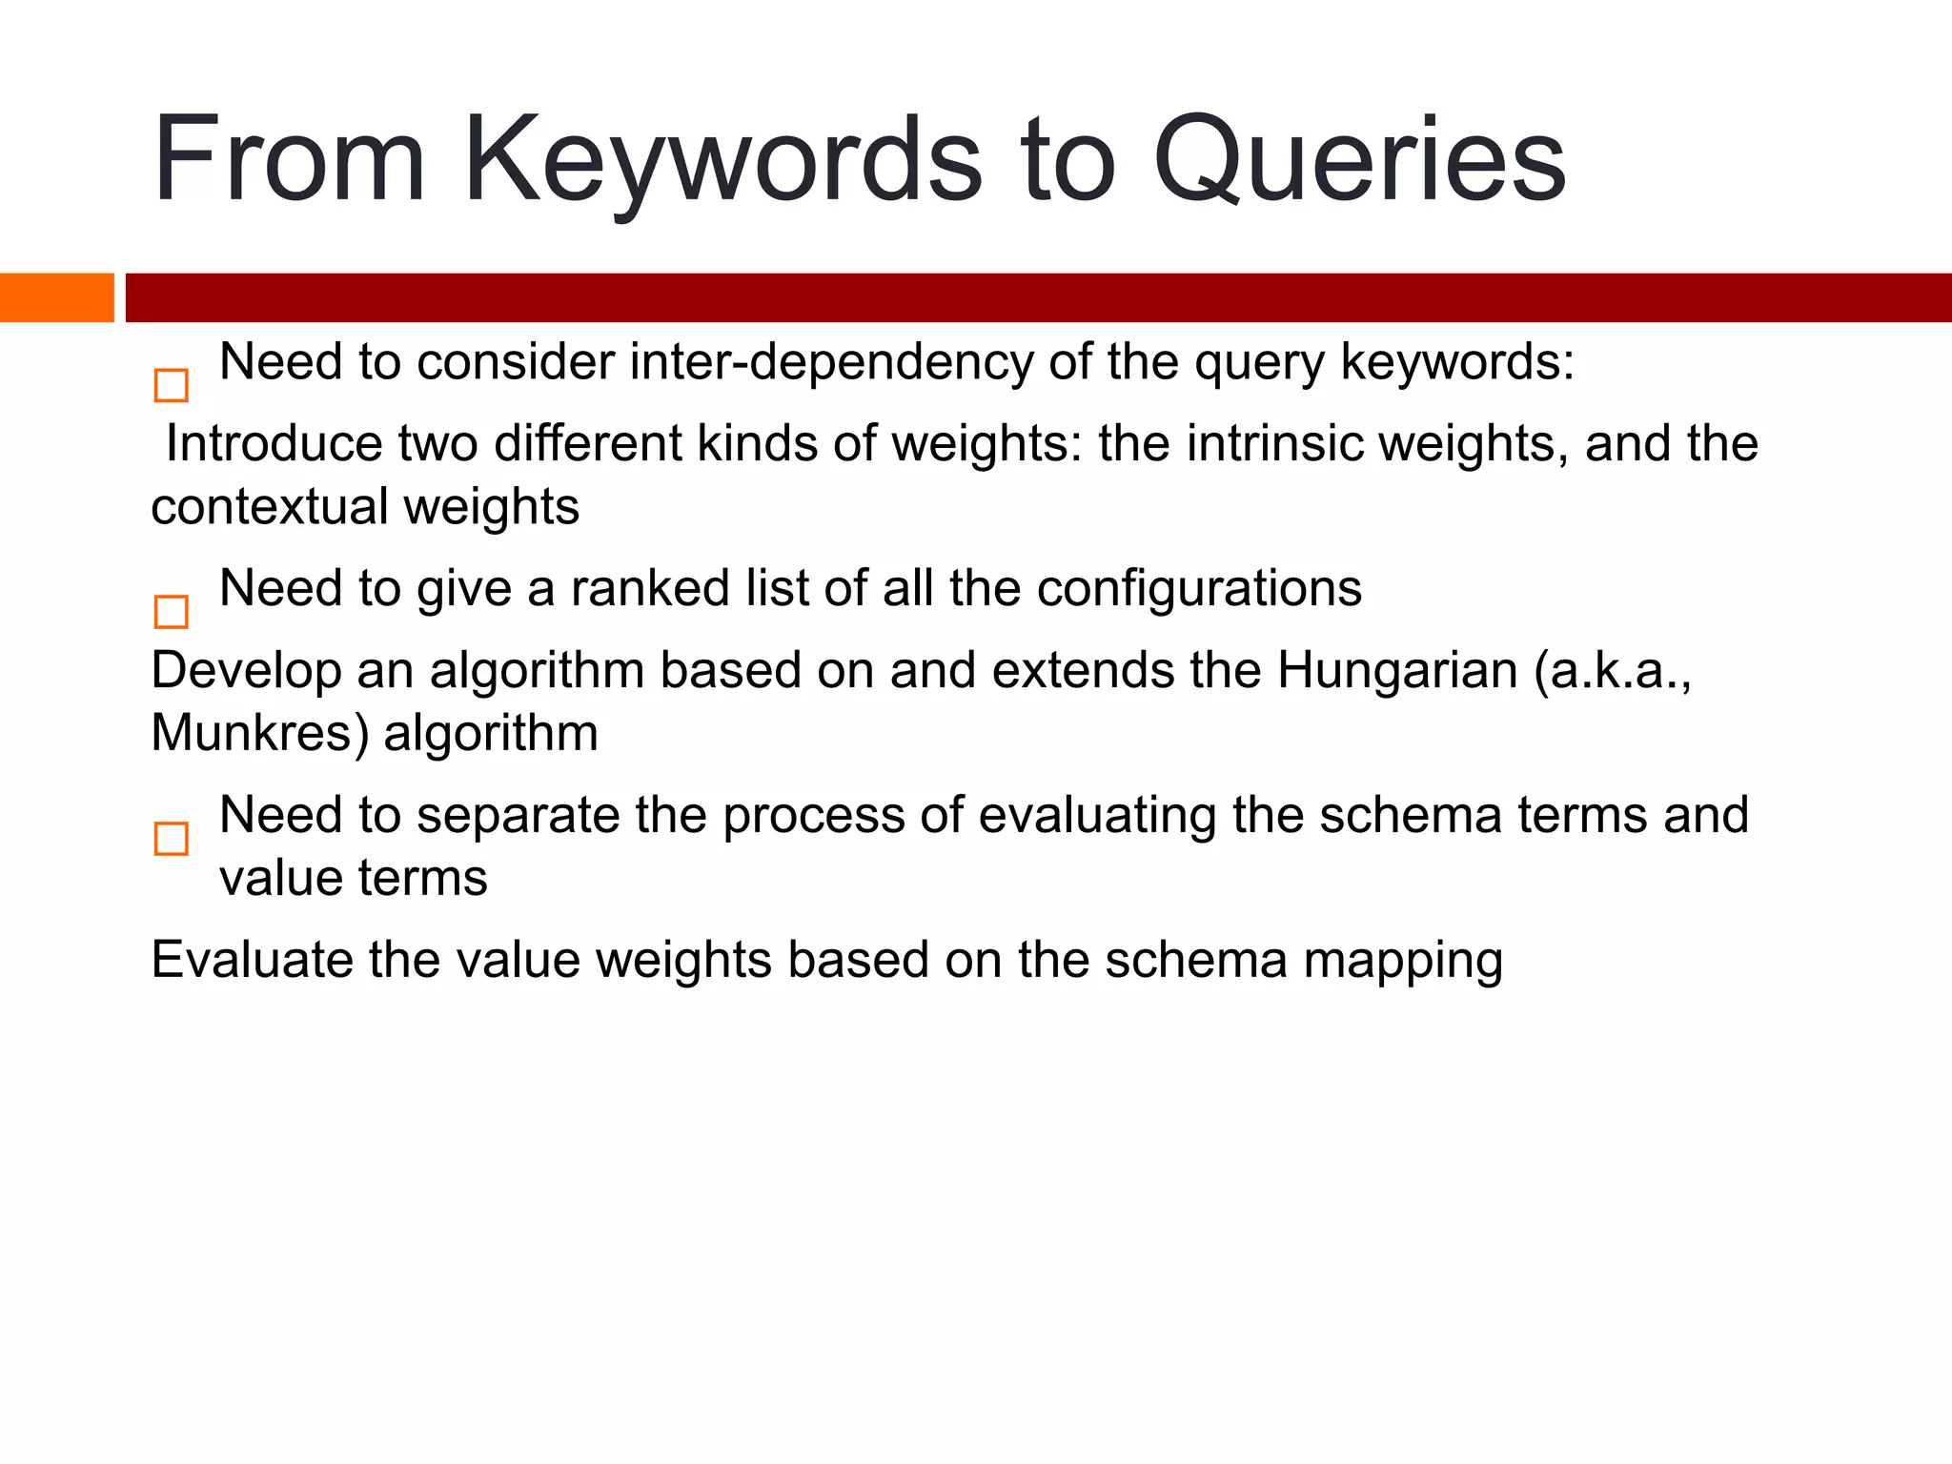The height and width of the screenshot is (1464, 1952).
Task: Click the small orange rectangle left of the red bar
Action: pyautogui.click(x=56, y=297)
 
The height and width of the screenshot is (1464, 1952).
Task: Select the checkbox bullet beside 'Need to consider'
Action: pyautogui.click(x=172, y=386)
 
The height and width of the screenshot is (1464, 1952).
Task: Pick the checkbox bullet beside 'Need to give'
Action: pyautogui.click(x=172, y=612)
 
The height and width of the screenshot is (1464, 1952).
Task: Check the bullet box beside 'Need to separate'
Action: pyautogui.click(x=172, y=840)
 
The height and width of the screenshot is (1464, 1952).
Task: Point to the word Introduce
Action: pyautogui.click(x=273, y=444)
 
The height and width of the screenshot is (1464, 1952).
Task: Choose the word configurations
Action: pyautogui.click(x=1199, y=588)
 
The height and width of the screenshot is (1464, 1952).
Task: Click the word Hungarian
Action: pyautogui.click(x=1397, y=670)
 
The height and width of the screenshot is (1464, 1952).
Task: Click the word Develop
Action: pyautogui.click(x=246, y=670)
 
